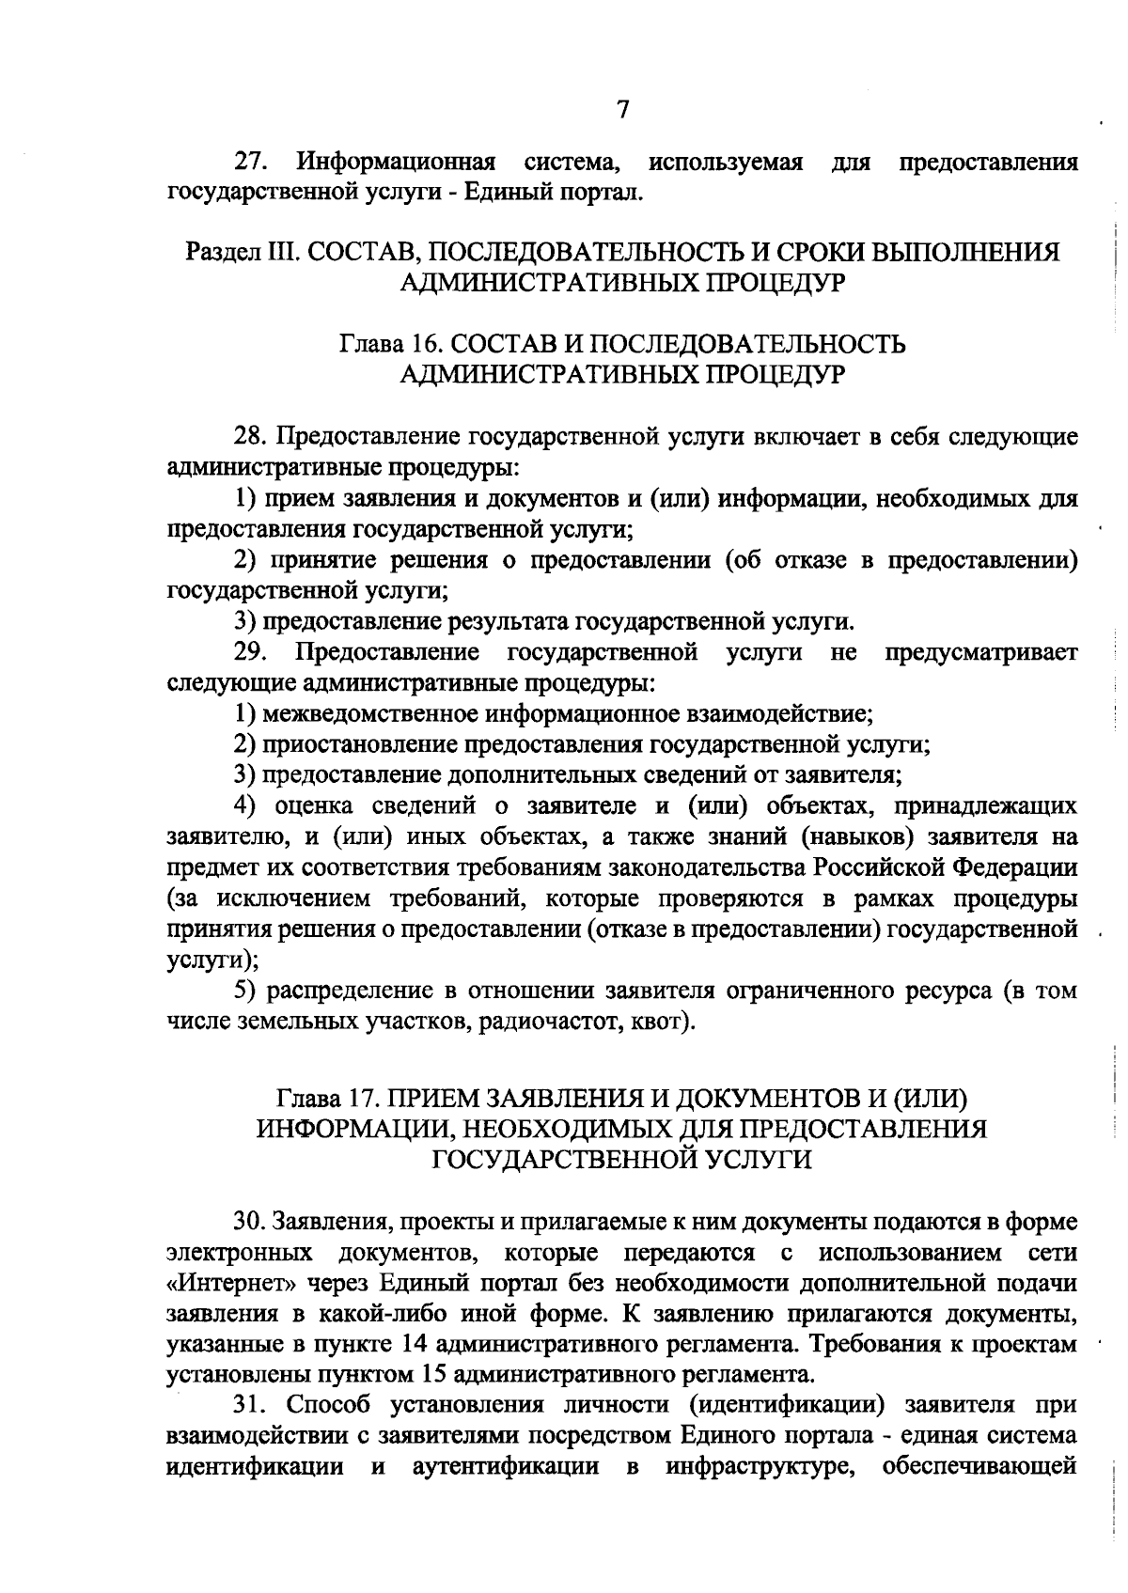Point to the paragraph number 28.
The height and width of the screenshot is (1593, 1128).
click(x=250, y=437)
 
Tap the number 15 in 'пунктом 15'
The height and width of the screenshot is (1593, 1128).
click(x=431, y=1376)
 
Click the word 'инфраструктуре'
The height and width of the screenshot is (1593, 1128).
click(x=759, y=1468)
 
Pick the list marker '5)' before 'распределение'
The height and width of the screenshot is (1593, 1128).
click(x=246, y=991)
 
